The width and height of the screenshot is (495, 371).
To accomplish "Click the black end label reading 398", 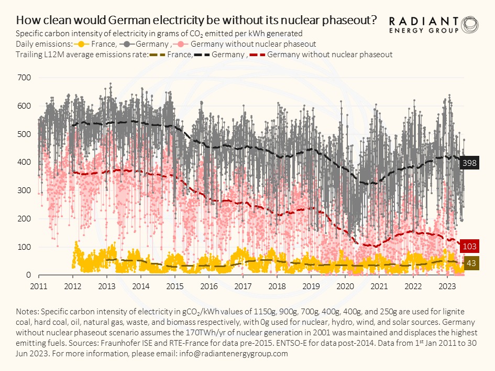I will pos(470,164).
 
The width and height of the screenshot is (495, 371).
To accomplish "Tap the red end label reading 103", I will pos(470,247).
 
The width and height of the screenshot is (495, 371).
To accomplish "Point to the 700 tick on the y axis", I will pos(25,78).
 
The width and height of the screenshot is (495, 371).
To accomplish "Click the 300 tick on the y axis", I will pos(25,190).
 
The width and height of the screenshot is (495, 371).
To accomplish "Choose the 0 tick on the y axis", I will pos(29,275).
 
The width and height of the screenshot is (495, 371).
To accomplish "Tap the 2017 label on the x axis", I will pos(243,287).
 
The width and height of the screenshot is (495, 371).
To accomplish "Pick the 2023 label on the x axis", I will pos(447,287).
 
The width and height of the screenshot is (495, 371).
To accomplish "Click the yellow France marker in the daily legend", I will pos(82,44).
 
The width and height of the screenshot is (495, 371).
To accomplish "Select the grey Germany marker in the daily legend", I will pos(128,44).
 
